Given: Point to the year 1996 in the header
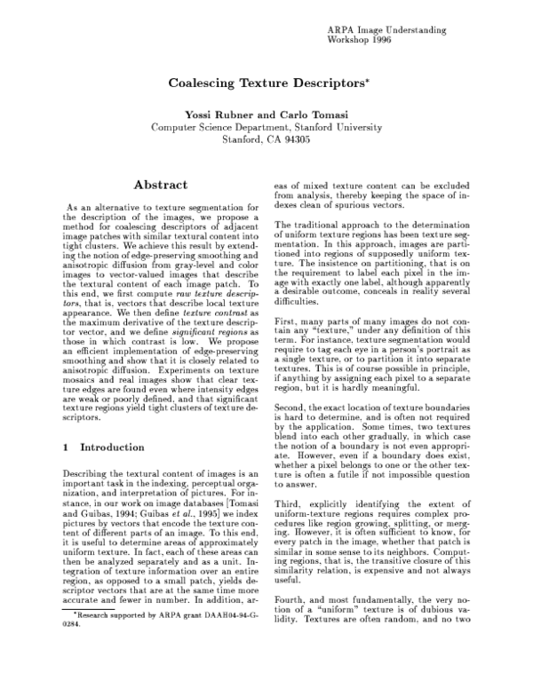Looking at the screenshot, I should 378,41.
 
